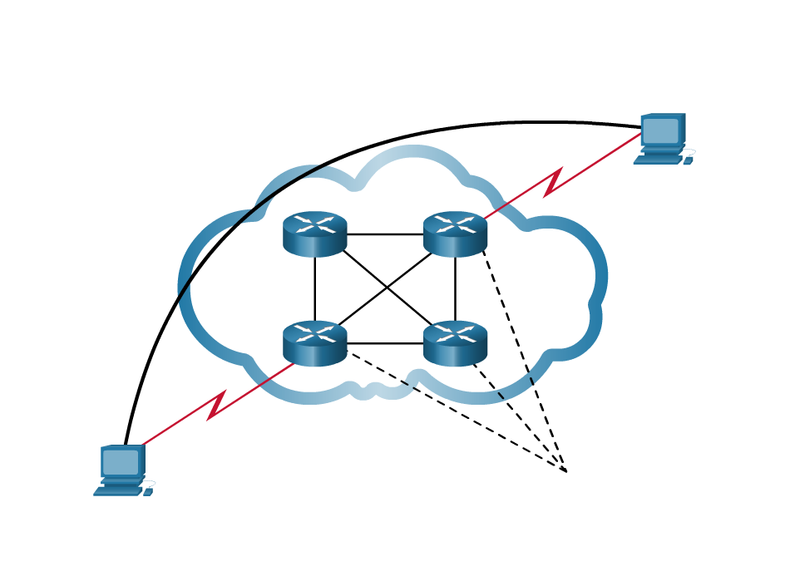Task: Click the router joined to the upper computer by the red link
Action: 455,233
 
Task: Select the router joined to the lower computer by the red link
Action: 314,342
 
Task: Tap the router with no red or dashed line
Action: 314,233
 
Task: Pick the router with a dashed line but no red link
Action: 455,342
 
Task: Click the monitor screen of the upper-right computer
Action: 660,130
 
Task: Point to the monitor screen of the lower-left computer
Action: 121,462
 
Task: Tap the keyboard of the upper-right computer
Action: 657,160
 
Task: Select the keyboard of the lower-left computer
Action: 117,491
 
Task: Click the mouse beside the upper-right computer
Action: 688,160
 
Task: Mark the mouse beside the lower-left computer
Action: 148,492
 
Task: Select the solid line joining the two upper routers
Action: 385,234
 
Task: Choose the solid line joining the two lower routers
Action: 385,343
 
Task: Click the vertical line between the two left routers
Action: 314,288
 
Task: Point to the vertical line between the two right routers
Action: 455,288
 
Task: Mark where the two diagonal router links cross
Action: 386,288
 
